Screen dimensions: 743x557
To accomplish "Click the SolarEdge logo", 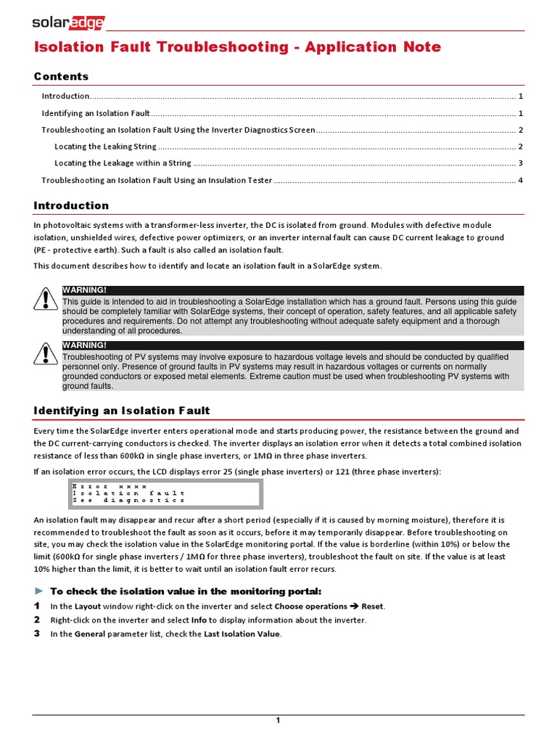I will (68, 23).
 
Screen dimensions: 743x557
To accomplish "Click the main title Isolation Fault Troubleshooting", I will (237, 47).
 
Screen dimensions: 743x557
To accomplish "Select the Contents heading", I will (61, 76).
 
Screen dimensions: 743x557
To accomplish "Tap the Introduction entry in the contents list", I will (65, 96).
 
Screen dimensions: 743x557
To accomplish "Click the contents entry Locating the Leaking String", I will (105, 147).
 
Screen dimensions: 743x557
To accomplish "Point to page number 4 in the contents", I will (521, 180).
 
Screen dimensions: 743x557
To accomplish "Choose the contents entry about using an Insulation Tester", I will (157, 180).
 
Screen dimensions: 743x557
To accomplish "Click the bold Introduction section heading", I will (71, 205).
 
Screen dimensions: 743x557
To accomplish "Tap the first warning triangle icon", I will (46, 298).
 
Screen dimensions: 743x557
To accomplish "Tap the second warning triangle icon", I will (46, 353).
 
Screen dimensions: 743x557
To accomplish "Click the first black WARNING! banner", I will (292, 290).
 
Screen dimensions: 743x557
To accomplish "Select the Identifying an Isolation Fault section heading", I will (121, 411).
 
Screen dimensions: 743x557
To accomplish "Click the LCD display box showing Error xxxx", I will (161, 493).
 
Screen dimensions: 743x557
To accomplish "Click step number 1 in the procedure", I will (37, 606).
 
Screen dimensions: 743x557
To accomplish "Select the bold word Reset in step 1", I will (373, 607).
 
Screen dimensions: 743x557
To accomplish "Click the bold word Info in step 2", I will (199, 620).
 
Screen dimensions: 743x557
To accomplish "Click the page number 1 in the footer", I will (278, 720).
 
